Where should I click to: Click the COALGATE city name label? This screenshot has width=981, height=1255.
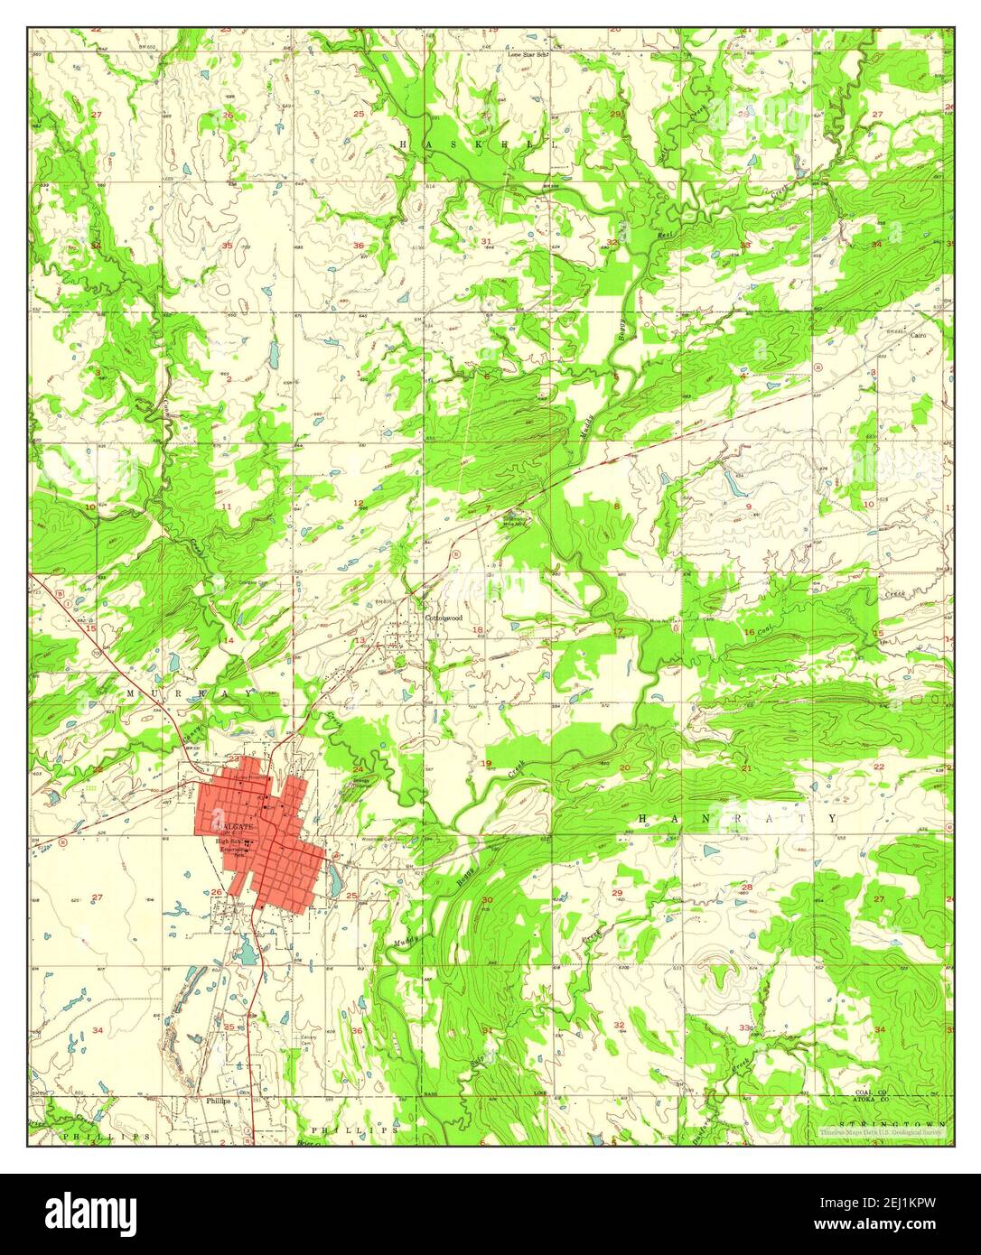point(234,826)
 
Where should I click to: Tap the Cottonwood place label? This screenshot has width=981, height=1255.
point(444,618)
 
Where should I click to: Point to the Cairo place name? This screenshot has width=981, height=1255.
point(920,335)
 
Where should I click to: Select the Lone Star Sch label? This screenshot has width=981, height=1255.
point(528,54)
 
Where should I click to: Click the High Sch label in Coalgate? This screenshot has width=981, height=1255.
point(229,843)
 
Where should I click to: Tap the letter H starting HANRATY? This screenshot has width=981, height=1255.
point(643,818)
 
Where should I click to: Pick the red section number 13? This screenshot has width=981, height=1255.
point(359,641)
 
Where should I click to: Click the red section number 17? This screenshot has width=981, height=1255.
point(618,630)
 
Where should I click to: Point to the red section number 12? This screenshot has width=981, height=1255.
point(358,503)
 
